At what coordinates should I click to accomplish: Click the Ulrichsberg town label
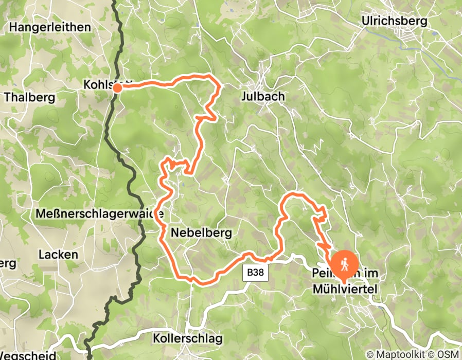click(x=395, y=21)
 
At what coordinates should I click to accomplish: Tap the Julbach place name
click(x=262, y=96)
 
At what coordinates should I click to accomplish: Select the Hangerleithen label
click(x=50, y=27)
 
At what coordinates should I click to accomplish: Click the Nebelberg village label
click(x=201, y=233)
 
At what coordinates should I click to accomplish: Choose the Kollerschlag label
click(x=187, y=338)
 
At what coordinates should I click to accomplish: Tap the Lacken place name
click(x=59, y=254)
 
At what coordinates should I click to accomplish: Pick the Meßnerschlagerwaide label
click(x=100, y=213)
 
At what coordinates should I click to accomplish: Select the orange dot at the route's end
click(x=117, y=87)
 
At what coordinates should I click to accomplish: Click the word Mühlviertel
click(x=345, y=290)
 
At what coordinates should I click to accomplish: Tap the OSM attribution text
click(x=447, y=354)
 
